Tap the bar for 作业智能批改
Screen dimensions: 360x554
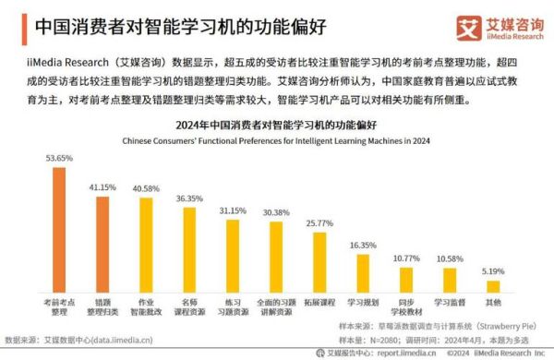[x=145, y=244]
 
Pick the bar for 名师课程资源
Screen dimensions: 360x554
[x=189, y=248]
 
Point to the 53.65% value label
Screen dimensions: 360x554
[x=58, y=158]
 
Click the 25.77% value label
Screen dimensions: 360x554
[x=319, y=222]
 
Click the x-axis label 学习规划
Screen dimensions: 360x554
[x=363, y=302]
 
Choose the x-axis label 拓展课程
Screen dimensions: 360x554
[x=319, y=302]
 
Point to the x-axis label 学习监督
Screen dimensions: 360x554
[x=450, y=302]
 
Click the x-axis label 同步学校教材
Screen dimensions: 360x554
[x=406, y=306]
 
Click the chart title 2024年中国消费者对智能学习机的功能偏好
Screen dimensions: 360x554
[x=277, y=124]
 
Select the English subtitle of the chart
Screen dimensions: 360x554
[x=277, y=139]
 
